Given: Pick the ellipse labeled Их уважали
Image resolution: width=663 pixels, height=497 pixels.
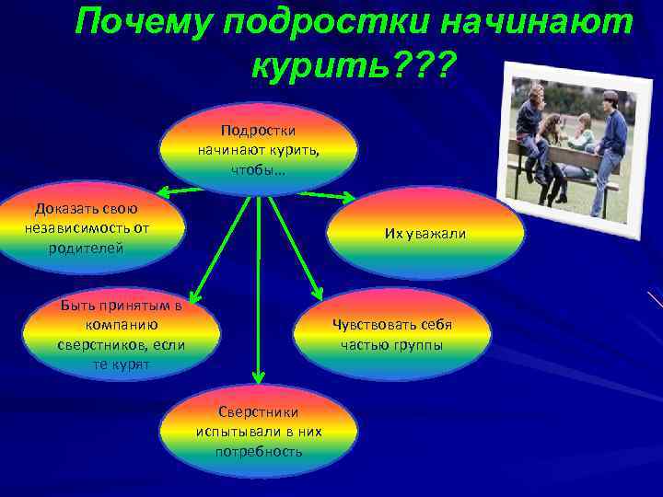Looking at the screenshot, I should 425,233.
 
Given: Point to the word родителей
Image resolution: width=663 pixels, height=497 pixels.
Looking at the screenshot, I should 87,248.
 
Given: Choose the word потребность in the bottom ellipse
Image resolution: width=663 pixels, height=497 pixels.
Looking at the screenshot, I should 258,452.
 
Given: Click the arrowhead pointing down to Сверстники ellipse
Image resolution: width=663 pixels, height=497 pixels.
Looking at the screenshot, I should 259,376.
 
